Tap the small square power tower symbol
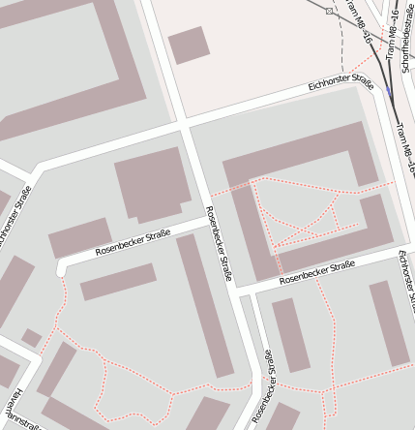tap(330, 11)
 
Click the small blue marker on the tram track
tap(389, 92)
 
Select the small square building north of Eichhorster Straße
tap(189, 45)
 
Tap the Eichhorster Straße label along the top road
tap(341, 83)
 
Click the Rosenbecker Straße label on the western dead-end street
tap(133, 242)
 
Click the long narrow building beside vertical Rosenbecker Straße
tap(205, 304)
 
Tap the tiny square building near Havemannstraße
tap(32, 338)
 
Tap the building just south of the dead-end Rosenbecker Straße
tap(118, 282)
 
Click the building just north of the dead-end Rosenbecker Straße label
tap(80, 237)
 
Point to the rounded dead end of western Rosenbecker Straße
tap(63, 266)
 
